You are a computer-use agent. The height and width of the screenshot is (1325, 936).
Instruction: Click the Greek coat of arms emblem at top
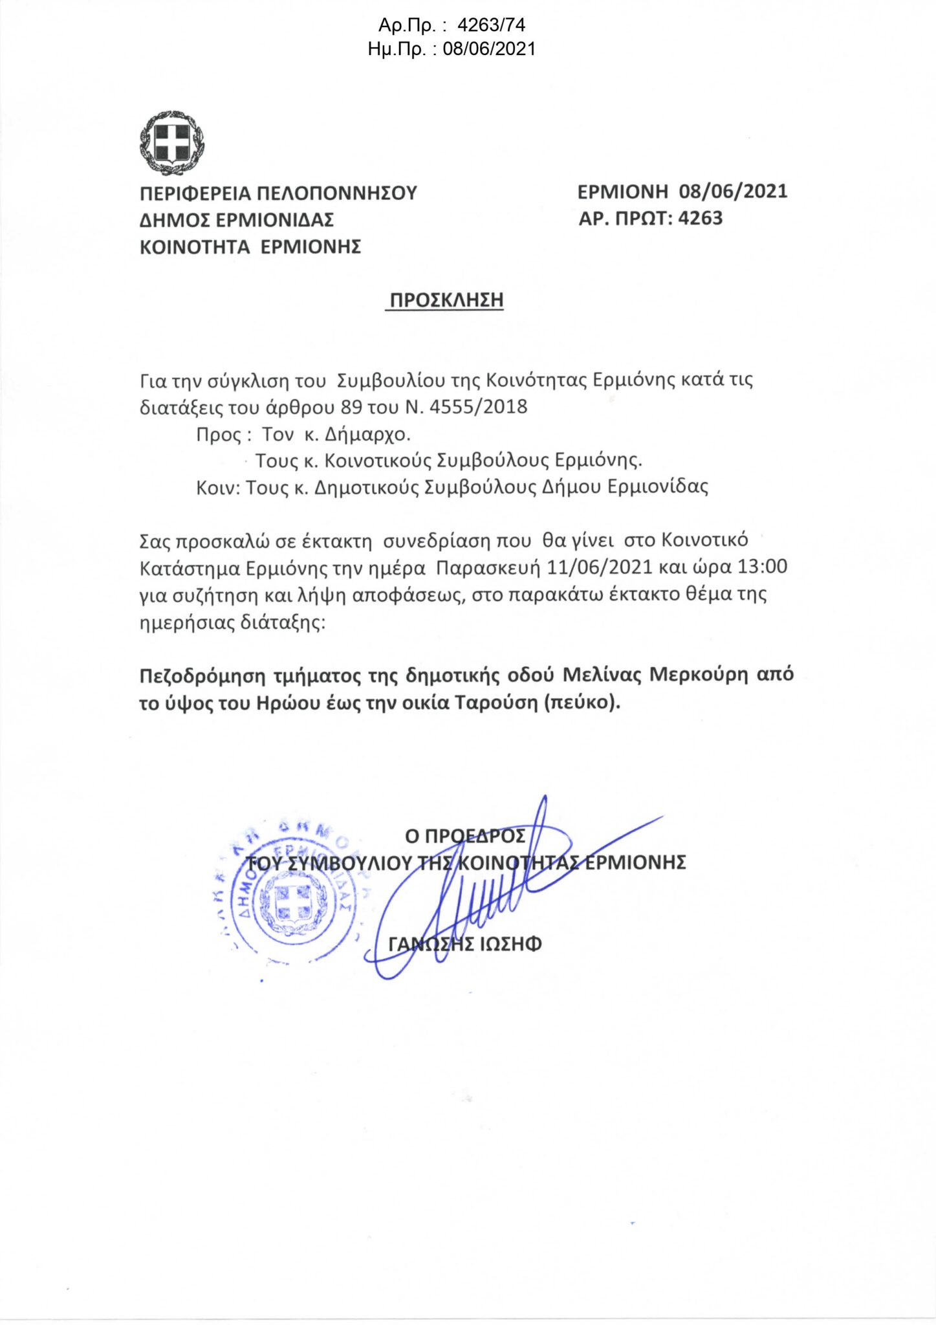pos(171,143)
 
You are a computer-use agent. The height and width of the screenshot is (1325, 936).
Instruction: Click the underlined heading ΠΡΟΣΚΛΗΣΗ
pos(446,300)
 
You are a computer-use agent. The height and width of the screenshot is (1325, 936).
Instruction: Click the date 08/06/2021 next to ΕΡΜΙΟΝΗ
pos(733,192)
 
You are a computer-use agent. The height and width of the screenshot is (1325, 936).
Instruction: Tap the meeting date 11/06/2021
pos(599,567)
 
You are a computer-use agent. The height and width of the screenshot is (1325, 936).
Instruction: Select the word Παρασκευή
pos(488,568)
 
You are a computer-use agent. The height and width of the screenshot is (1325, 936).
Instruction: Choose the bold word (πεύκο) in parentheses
pos(582,703)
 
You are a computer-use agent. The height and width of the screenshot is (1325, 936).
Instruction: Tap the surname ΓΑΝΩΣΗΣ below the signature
pos(431,945)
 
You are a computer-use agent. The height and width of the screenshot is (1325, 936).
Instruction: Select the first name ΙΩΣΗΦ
pos(510,945)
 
